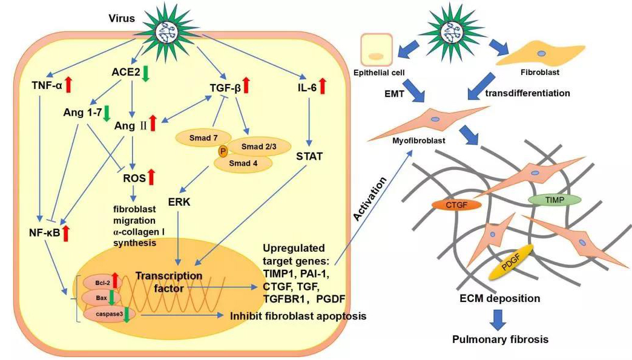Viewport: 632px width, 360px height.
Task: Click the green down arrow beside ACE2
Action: pos(145,73)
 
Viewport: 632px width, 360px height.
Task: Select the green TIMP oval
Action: pos(548,198)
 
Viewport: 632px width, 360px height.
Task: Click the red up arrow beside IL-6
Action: pos(323,87)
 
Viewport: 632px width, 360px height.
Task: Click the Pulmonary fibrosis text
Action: pos(500,339)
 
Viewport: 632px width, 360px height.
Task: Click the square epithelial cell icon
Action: pos(377,50)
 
